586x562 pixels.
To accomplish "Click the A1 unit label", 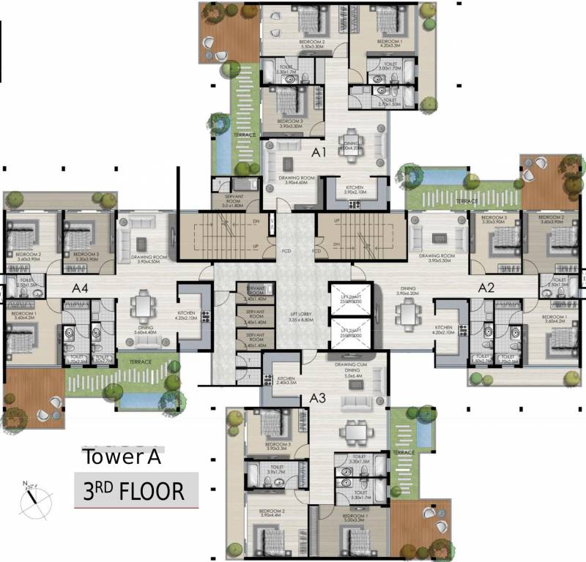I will tap(319, 153).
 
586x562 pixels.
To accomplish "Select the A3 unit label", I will tap(317, 398).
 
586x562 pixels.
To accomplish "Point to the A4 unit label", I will tap(80, 288).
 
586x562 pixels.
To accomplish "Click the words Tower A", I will tap(122, 457).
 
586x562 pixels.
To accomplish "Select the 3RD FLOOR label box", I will tap(137, 490).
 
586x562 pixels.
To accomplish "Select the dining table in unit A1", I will tap(347, 138).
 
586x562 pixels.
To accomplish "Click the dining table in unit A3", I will tap(356, 433).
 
